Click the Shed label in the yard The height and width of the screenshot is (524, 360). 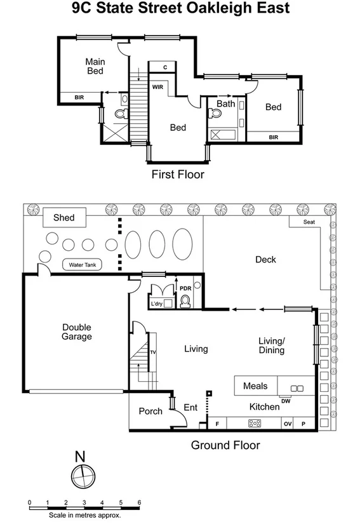[63, 218]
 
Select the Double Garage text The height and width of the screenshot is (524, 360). [77, 332]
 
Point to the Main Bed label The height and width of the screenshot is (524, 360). [95, 66]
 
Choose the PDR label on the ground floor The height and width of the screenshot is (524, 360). [185, 288]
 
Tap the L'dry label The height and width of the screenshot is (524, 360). [157, 304]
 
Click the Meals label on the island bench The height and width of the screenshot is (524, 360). [255, 386]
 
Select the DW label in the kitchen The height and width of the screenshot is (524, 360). [286, 400]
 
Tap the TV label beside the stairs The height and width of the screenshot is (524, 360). [152, 352]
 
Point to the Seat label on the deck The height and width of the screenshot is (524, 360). [309, 222]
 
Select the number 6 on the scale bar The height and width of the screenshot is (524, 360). [139, 502]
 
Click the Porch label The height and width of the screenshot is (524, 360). [150, 411]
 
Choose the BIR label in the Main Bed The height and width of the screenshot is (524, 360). [79, 97]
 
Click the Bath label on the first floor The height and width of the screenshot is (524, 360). [226, 104]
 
